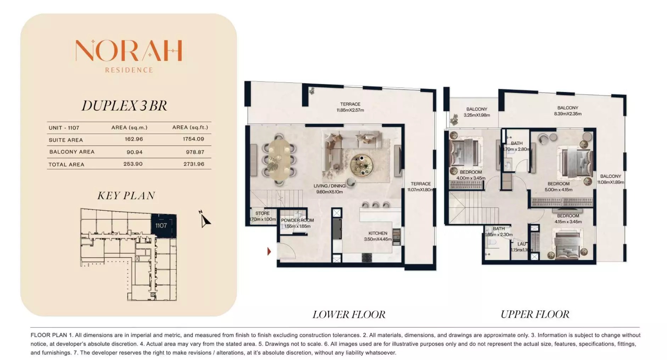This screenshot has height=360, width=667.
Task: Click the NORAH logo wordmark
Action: point(129,51)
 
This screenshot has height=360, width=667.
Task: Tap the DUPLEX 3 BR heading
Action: point(124,106)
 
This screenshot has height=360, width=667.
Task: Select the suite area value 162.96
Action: point(134,139)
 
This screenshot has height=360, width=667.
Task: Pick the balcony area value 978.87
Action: point(195,152)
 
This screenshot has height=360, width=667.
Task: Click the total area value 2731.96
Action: point(194,164)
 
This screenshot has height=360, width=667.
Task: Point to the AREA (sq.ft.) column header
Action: point(190,128)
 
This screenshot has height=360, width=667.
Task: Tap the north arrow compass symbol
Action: point(204,220)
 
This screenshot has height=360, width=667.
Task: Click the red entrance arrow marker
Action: point(269,252)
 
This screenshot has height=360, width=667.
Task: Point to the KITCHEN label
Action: point(377,233)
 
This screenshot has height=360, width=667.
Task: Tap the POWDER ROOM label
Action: point(297,220)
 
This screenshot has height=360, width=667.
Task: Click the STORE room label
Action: point(262,213)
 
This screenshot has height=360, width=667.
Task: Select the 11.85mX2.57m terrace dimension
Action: point(350,110)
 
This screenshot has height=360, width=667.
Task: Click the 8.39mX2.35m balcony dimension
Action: point(567,114)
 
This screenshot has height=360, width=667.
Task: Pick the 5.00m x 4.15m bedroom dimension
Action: point(558,190)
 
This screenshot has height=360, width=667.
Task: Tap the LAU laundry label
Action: point(521,244)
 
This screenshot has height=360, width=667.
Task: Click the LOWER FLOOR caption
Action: point(349,314)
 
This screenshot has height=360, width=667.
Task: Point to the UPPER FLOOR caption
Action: point(535,314)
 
